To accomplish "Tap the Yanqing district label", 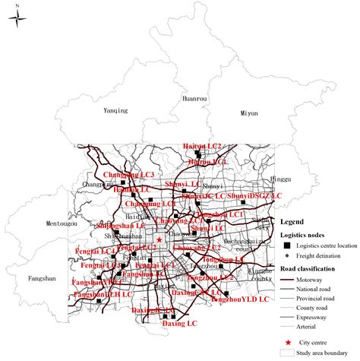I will point(116,111).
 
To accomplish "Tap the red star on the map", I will point(159,239).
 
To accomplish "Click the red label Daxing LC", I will point(179,324).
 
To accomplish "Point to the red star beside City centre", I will point(289,344).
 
